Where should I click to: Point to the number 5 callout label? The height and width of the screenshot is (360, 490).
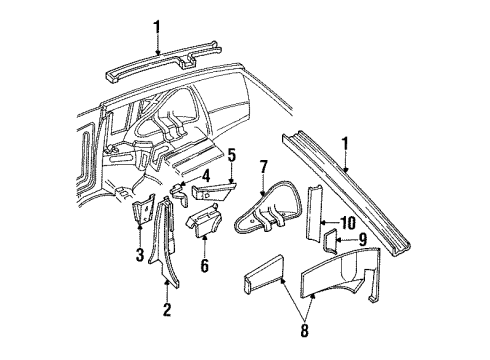(231, 155)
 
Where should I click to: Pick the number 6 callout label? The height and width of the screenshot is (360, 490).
(206, 266)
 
